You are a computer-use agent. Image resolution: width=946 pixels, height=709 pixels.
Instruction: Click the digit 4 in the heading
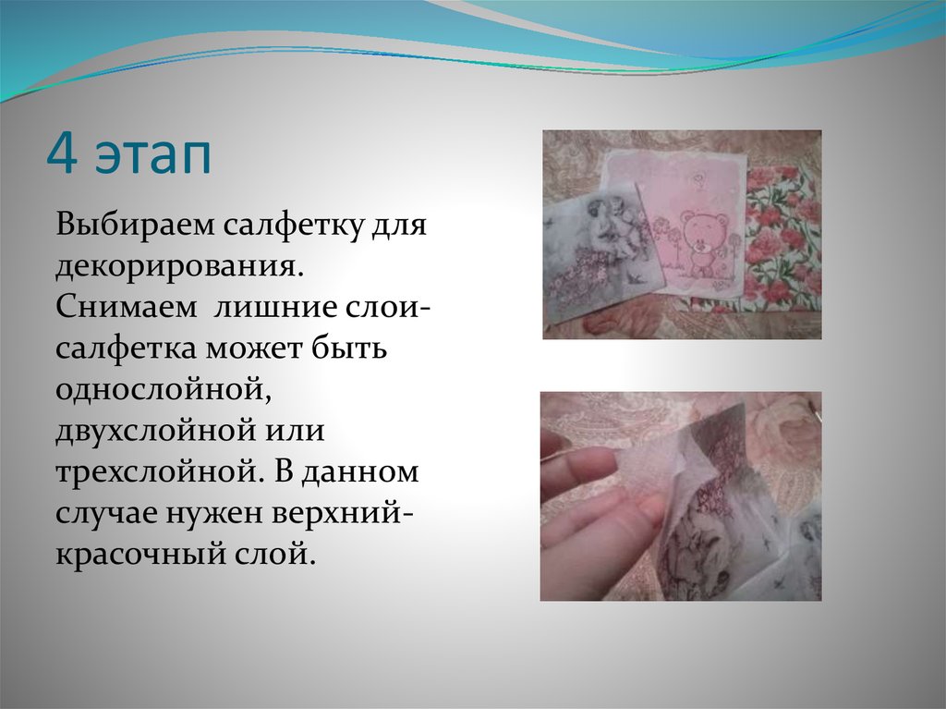pos(61,155)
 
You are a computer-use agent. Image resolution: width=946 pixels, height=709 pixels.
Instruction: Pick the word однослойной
pos(162,390)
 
